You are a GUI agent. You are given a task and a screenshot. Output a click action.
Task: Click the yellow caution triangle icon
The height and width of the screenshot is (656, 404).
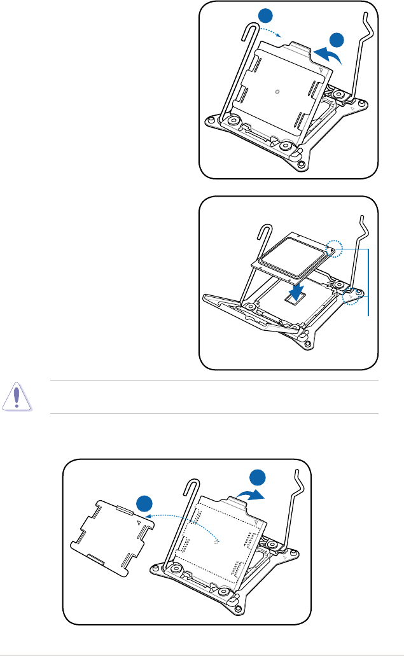point(19,398)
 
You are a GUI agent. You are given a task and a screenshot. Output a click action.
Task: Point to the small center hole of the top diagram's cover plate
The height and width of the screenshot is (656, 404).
point(276,91)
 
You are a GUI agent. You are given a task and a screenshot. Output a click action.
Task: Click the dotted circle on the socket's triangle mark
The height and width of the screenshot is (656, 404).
point(352,298)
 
